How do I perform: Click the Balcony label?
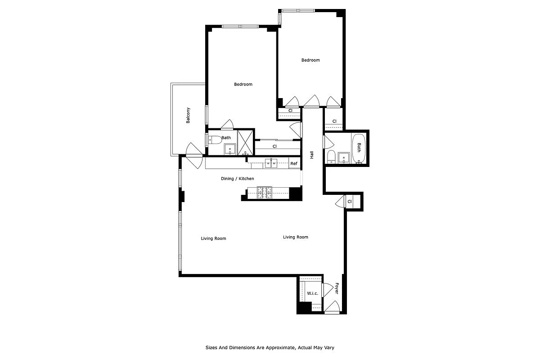tap(188, 115)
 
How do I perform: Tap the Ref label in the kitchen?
tap(294, 163)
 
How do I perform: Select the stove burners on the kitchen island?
tap(265, 193)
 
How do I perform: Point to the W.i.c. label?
tap(313, 293)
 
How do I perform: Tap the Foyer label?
tap(337, 288)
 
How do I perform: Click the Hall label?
tap(311, 154)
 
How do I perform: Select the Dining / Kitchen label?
tap(237, 179)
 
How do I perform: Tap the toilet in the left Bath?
tap(215, 139)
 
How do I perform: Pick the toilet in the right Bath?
tap(331, 156)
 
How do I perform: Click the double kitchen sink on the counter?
tap(270, 162)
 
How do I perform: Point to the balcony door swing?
tap(194, 153)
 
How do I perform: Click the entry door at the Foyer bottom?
tap(332, 308)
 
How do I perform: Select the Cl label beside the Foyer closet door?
tap(349, 201)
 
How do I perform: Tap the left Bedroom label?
tap(243, 84)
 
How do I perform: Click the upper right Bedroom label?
tap(310, 60)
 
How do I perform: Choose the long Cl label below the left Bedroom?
tap(274, 146)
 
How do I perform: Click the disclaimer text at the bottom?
tap(270, 347)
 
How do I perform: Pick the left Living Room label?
tap(213, 238)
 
